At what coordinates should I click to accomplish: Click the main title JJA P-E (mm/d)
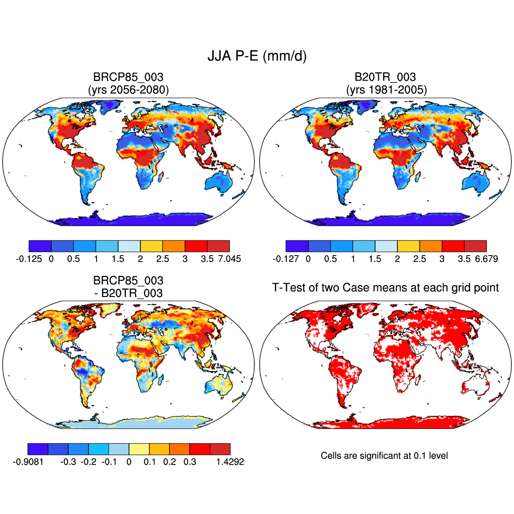click(x=257, y=56)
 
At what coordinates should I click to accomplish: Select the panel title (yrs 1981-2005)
click(x=385, y=89)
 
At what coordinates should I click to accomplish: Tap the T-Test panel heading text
click(x=385, y=287)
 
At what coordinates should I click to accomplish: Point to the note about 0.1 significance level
click(x=384, y=455)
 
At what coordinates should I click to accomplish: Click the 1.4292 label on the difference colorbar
click(x=229, y=462)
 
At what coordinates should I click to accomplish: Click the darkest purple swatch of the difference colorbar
click(x=38, y=449)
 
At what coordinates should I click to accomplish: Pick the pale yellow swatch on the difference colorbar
click(x=139, y=449)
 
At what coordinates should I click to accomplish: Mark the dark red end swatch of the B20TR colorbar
click(x=475, y=246)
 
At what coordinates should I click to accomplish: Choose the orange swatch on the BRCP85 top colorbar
click(x=174, y=246)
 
